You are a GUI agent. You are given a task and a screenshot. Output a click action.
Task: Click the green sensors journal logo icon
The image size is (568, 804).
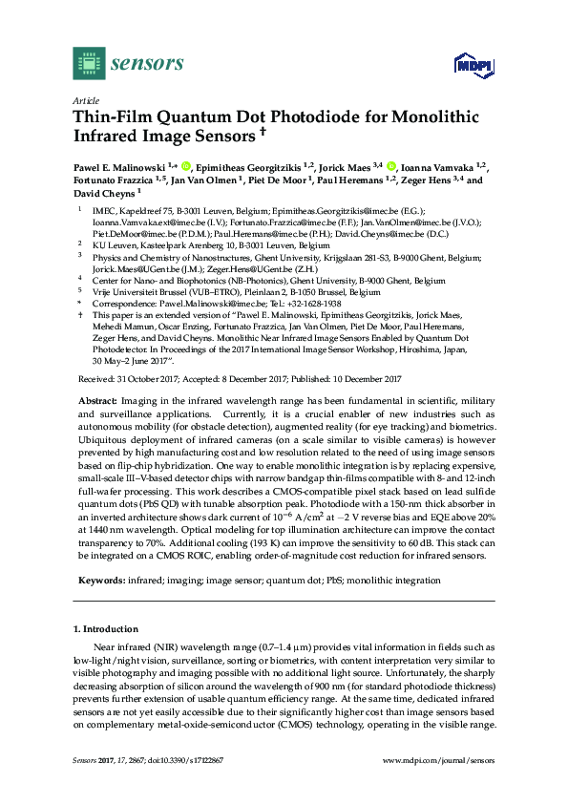coord(87,65)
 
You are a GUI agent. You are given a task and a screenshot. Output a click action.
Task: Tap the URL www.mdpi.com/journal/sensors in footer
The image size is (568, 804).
coord(437,760)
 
